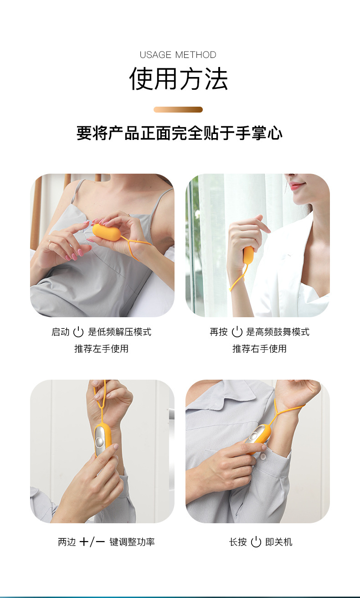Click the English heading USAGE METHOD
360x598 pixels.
click(x=178, y=55)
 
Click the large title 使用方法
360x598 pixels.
click(x=178, y=79)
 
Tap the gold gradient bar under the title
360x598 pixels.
click(x=178, y=109)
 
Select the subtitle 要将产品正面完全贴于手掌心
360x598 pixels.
click(x=180, y=133)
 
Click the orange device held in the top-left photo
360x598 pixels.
click(x=106, y=232)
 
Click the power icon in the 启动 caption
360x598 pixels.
click(x=78, y=332)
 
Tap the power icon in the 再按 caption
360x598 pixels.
click(x=237, y=332)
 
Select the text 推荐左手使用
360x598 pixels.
click(x=101, y=349)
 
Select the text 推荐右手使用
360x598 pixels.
click(x=259, y=349)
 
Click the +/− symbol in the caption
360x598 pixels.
click(x=92, y=542)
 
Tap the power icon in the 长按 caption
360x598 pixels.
click(x=256, y=542)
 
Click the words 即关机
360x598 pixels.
click(x=278, y=542)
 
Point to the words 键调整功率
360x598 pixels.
click(x=132, y=542)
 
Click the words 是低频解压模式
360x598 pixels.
click(x=119, y=332)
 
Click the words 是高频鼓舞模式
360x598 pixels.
click(x=278, y=332)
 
